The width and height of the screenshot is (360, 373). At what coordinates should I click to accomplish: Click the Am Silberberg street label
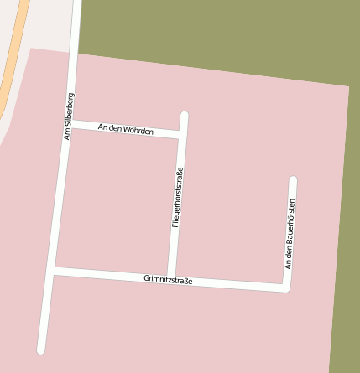[70, 116]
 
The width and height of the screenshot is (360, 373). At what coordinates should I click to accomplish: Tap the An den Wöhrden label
[126, 129]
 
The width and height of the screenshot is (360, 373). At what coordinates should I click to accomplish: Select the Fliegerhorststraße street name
[177, 198]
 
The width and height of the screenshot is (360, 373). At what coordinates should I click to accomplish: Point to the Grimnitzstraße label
[168, 280]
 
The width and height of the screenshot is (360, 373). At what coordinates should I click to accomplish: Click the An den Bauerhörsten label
[290, 234]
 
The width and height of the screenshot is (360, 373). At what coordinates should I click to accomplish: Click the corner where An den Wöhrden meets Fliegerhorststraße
[181, 134]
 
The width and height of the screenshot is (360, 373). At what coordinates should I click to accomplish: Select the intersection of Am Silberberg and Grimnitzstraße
[53, 270]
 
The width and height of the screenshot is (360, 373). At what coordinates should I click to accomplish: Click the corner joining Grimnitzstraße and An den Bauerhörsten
[286, 288]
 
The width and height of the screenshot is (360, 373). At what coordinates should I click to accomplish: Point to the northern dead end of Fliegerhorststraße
[185, 115]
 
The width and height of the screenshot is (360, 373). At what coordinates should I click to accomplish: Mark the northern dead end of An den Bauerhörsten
[293, 179]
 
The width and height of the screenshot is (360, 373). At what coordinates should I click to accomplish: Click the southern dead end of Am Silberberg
[40, 349]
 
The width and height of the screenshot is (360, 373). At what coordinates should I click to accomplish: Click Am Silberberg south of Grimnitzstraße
[46, 310]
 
